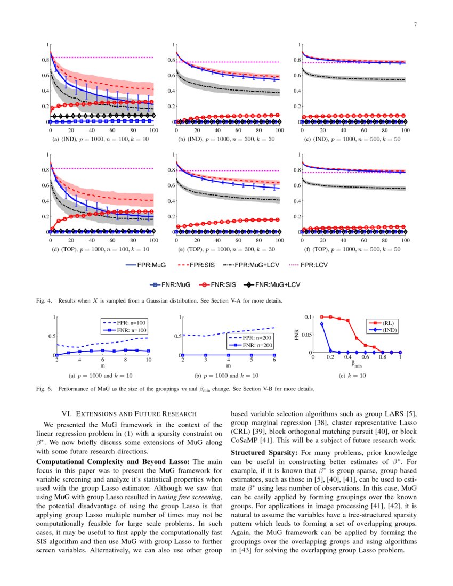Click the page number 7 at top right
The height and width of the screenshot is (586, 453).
(x=415, y=25)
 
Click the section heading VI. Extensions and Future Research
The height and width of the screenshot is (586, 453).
(x=130, y=413)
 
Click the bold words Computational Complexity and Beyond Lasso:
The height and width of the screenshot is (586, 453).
(x=113, y=461)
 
